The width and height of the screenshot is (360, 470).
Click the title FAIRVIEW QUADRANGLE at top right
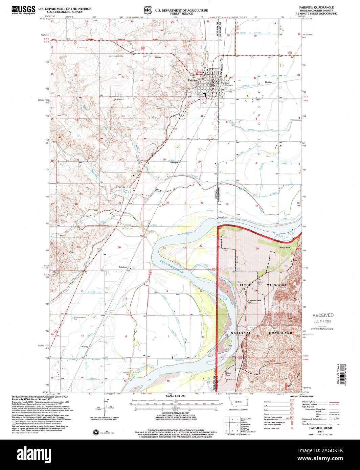318,7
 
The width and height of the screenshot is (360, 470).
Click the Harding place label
268,82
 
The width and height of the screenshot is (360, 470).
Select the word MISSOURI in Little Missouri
276,285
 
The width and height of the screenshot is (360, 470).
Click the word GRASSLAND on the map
280,333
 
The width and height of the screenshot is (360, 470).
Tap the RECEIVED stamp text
322,315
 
